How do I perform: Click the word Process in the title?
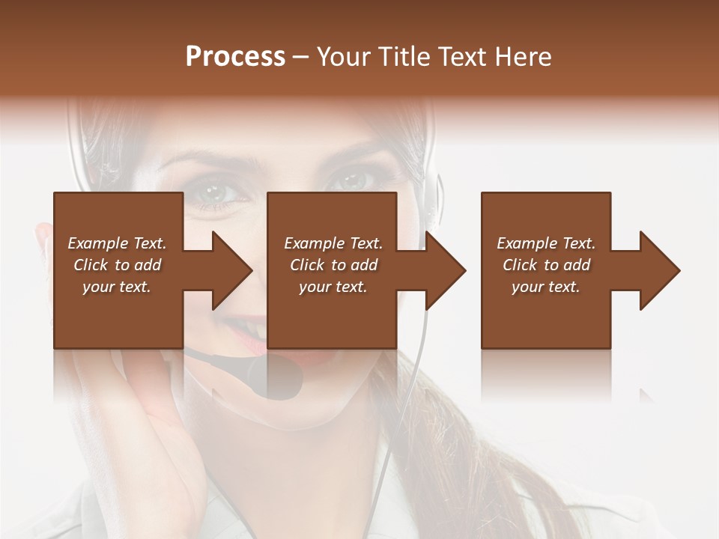pos(235,57)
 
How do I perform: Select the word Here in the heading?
pos(524,57)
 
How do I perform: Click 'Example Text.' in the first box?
pos(117,243)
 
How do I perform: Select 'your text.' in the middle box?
pos(333,287)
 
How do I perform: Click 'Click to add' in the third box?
pos(546,265)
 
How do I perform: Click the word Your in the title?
pos(342,57)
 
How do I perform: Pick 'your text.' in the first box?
pos(117,287)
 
